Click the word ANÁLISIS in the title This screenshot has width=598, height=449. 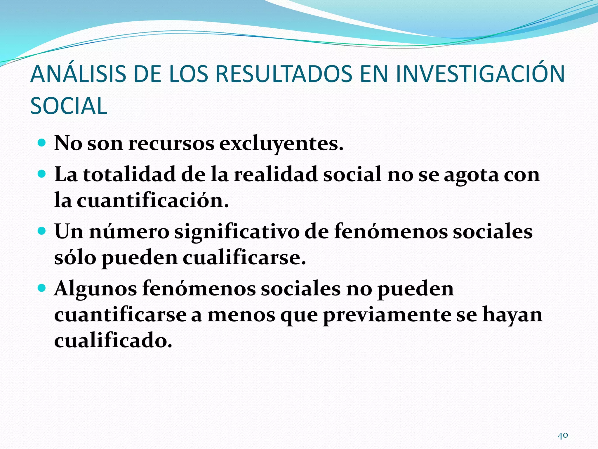pyautogui.click(x=78, y=74)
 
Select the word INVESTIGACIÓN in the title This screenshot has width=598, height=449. pyautogui.click(x=480, y=74)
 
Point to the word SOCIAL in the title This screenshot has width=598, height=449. pyautogui.click(x=69, y=106)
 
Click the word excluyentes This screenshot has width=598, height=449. pyautogui.click(x=281, y=144)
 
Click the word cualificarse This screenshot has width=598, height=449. pyautogui.click(x=244, y=258)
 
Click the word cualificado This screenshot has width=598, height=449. pyautogui.click(x=113, y=341)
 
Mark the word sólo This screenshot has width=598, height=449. pyautogui.click(x=75, y=258)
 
